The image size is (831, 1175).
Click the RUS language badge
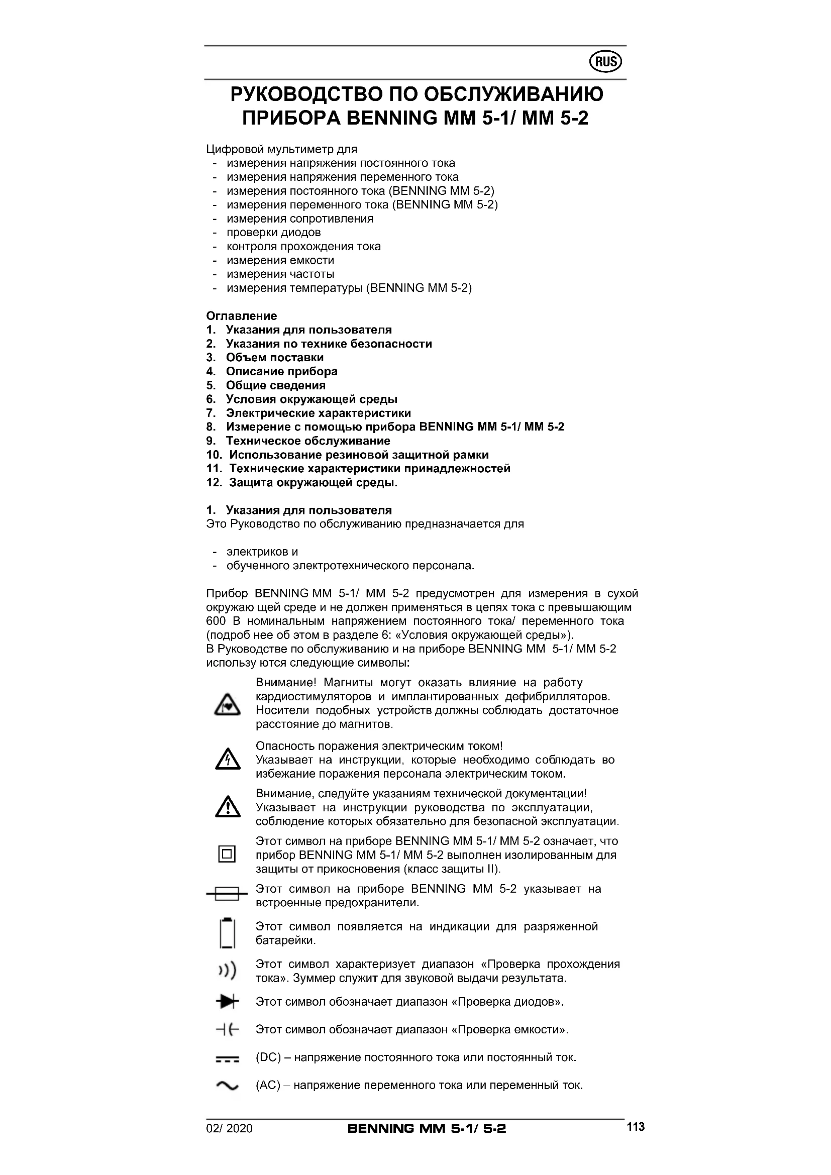click(606, 62)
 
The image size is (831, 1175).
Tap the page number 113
click(636, 1126)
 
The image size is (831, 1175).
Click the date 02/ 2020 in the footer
click(229, 1128)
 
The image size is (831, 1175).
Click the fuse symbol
click(227, 894)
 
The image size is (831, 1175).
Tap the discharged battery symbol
click(227, 933)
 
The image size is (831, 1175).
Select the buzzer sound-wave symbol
click(227, 971)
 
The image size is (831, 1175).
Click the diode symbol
click(227, 1002)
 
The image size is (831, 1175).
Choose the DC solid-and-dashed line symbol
click(227, 1058)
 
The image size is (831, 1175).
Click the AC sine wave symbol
click(227, 1086)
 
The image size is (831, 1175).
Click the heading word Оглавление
click(242, 316)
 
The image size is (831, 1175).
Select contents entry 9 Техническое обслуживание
click(307, 441)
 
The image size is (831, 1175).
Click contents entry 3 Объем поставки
click(274, 357)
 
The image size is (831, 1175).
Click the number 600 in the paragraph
click(216, 621)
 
